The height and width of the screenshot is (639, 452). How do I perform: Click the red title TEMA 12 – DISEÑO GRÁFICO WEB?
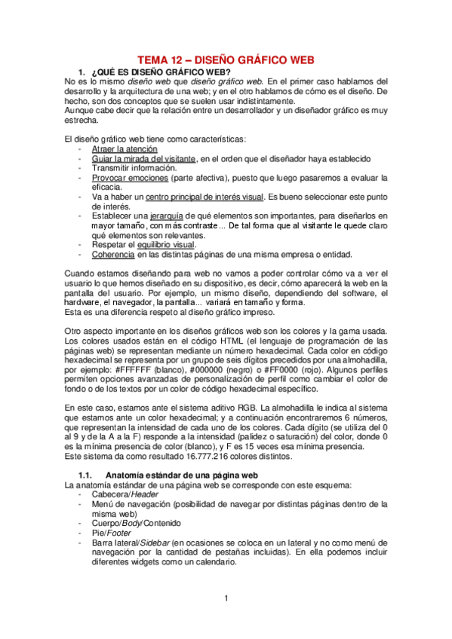click(x=225, y=60)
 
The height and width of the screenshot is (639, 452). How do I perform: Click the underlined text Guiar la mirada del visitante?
click(x=144, y=159)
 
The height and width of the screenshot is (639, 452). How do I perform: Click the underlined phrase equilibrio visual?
click(x=165, y=243)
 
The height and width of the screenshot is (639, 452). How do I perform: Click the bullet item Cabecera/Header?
click(x=125, y=494)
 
